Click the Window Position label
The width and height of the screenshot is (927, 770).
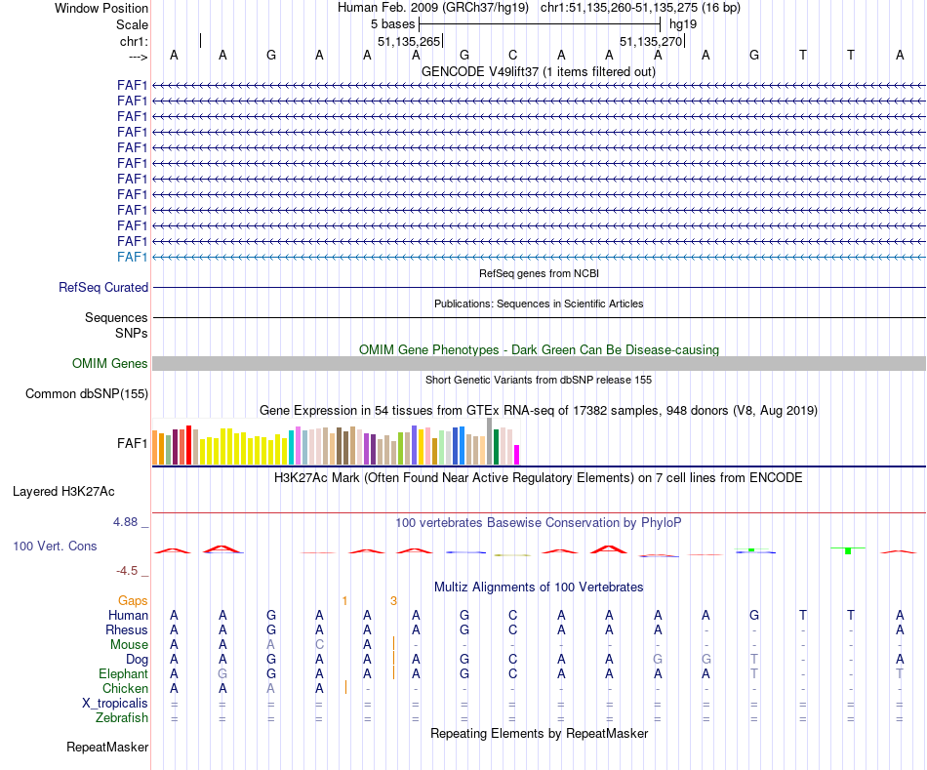(101, 8)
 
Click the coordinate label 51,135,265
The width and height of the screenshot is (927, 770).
(409, 41)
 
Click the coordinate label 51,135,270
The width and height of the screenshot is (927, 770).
(651, 41)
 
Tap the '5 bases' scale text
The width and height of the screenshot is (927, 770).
(392, 24)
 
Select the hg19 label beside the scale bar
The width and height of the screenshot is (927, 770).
(683, 24)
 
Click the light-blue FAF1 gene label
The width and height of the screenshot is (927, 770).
(132, 257)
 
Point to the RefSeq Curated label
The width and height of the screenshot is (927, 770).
(103, 288)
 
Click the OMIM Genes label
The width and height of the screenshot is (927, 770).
(110, 364)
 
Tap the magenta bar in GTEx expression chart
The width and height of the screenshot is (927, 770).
(517, 455)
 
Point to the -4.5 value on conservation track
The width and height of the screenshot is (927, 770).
(129, 571)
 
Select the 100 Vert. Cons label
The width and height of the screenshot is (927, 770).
(55, 547)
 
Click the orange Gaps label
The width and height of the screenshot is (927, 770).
(133, 600)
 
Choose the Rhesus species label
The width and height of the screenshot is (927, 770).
(127, 630)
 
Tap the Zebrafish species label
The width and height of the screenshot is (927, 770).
(122, 718)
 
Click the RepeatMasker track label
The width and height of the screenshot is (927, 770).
(107, 748)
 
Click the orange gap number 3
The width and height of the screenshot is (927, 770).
(393, 600)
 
